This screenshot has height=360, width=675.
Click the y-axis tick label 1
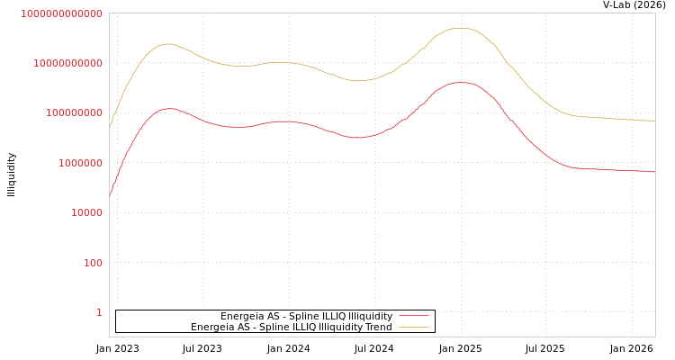tap(99, 312)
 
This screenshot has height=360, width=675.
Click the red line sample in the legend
tap(413, 317)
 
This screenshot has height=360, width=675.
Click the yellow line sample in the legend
tap(413, 328)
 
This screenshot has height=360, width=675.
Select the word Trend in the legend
tap(378, 328)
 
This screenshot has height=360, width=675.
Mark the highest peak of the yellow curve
tap(461, 28)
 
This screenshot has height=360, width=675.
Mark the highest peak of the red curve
tap(462, 83)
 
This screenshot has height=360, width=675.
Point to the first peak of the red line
tap(168, 108)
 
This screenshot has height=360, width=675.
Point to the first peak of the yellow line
tap(166, 43)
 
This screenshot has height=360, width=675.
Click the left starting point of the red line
tap(110, 195)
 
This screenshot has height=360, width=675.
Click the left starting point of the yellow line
tap(110, 127)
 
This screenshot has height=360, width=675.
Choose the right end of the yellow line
tap(654, 121)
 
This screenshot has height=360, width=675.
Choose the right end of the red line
tap(654, 171)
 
